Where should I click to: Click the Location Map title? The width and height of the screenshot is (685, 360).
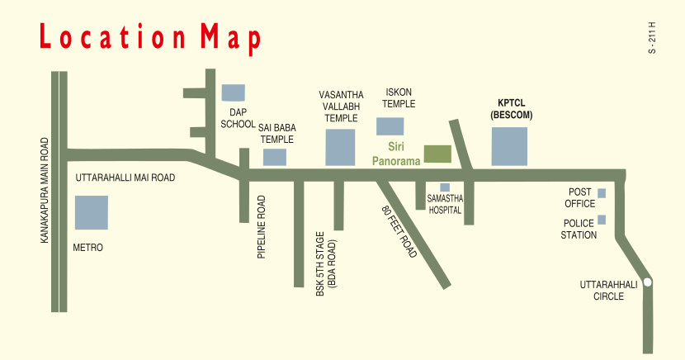pyautogui.click(x=149, y=39)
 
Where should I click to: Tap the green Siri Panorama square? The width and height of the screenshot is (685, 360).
pyautogui.click(x=437, y=154)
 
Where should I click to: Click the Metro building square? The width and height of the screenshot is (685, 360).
pyautogui.click(x=91, y=212)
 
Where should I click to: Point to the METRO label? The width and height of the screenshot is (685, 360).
pyautogui.click(x=88, y=247)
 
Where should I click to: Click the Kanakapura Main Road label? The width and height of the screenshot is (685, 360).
pyautogui.click(x=43, y=190)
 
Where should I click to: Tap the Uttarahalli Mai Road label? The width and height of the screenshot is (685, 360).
pyautogui.click(x=125, y=178)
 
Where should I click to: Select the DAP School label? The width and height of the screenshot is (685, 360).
pyautogui.click(x=238, y=118)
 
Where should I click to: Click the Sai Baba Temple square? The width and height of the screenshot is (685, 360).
pyautogui.click(x=275, y=157)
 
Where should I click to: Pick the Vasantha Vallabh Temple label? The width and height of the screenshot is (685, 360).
pyautogui.click(x=341, y=107)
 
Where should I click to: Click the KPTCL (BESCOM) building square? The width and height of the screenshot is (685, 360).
pyautogui.click(x=509, y=146)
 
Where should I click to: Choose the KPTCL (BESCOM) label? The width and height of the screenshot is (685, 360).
pyautogui.click(x=509, y=110)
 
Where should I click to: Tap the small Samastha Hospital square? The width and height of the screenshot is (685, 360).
pyautogui.click(x=445, y=187)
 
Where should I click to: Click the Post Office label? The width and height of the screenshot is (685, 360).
pyautogui.click(x=579, y=197)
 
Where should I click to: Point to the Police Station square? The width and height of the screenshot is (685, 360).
pyautogui.click(x=602, y=220)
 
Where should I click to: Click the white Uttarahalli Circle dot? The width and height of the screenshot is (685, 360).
pyautogui.click(x=648, y=282)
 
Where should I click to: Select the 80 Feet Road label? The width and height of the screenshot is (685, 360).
pyautogui.click(x=399, y=232)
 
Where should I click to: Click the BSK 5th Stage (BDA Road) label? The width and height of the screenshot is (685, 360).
pyautogui.click(x=325, y=264)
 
